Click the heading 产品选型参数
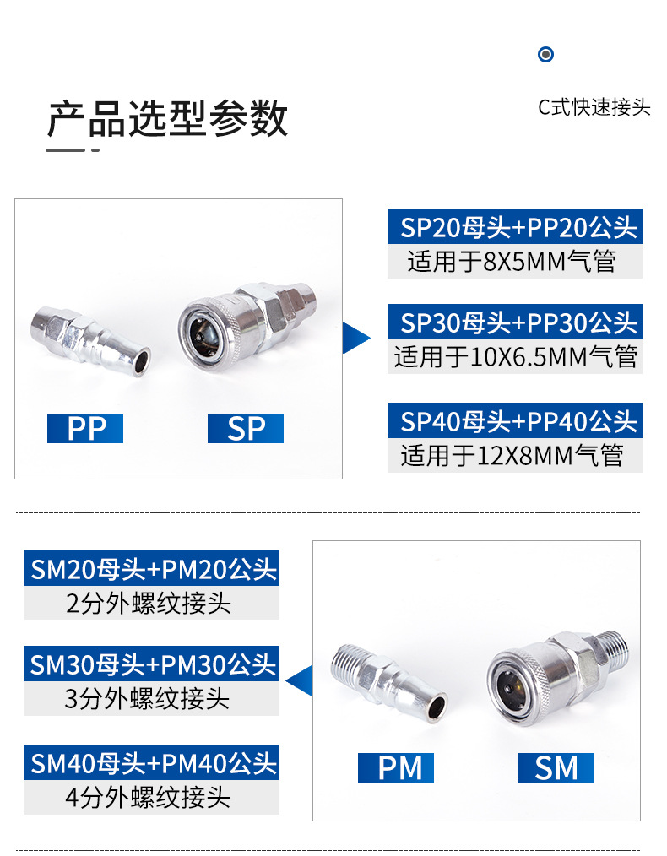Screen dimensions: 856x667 pos(167,119)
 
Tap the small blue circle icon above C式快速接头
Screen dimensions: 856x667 pos(546,55)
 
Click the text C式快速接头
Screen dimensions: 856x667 pos(594,108)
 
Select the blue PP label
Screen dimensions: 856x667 pos(84,429)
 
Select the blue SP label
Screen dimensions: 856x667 pos(246,429)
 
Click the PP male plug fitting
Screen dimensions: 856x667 pos(90,339)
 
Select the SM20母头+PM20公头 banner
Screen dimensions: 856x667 pos(152,569)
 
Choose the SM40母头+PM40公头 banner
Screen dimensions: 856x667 pos(152,764)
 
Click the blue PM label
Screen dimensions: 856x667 pos(395,768)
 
